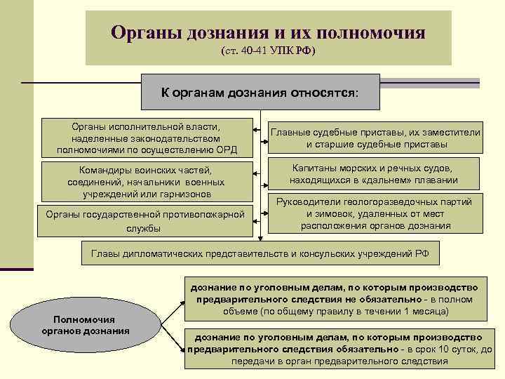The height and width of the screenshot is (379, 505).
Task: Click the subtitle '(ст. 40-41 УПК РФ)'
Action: pos(268,53)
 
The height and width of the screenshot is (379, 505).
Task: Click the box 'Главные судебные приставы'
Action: pos(376,138)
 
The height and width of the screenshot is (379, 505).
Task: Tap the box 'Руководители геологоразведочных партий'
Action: pos(376,213)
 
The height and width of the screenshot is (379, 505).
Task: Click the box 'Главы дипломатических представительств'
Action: pos(260,253)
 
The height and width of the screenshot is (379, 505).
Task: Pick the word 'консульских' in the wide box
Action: pos(338,253)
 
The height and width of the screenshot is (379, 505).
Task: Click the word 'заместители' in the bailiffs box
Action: pos(454,131)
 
